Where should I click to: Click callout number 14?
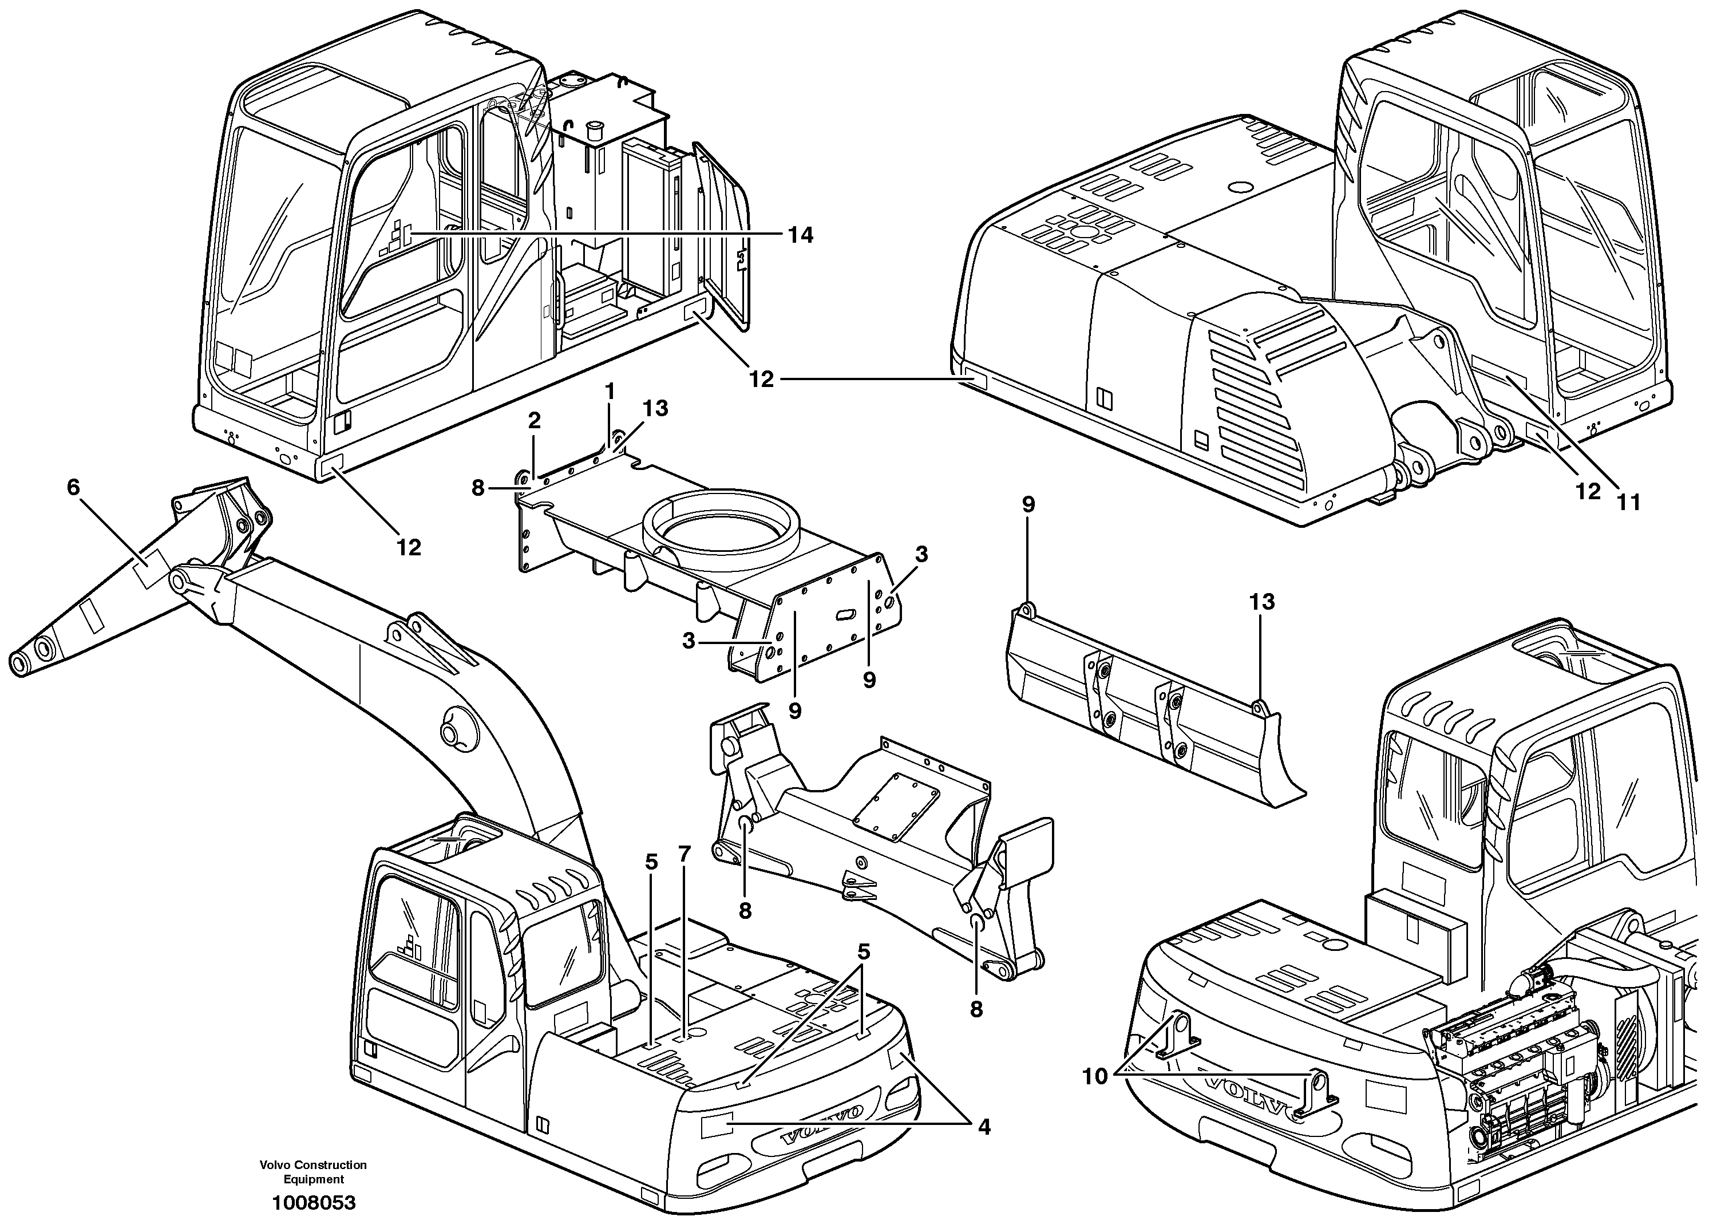[800, 235]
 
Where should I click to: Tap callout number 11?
[1628, 502]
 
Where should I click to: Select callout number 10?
[1095, 1076]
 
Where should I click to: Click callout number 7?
[685, 854]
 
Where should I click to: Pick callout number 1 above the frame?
[610, 392]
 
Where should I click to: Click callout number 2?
[535, 421]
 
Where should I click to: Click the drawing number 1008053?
[314, 1202]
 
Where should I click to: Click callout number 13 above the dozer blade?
[1261, 602]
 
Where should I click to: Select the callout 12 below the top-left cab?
[409, 547]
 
